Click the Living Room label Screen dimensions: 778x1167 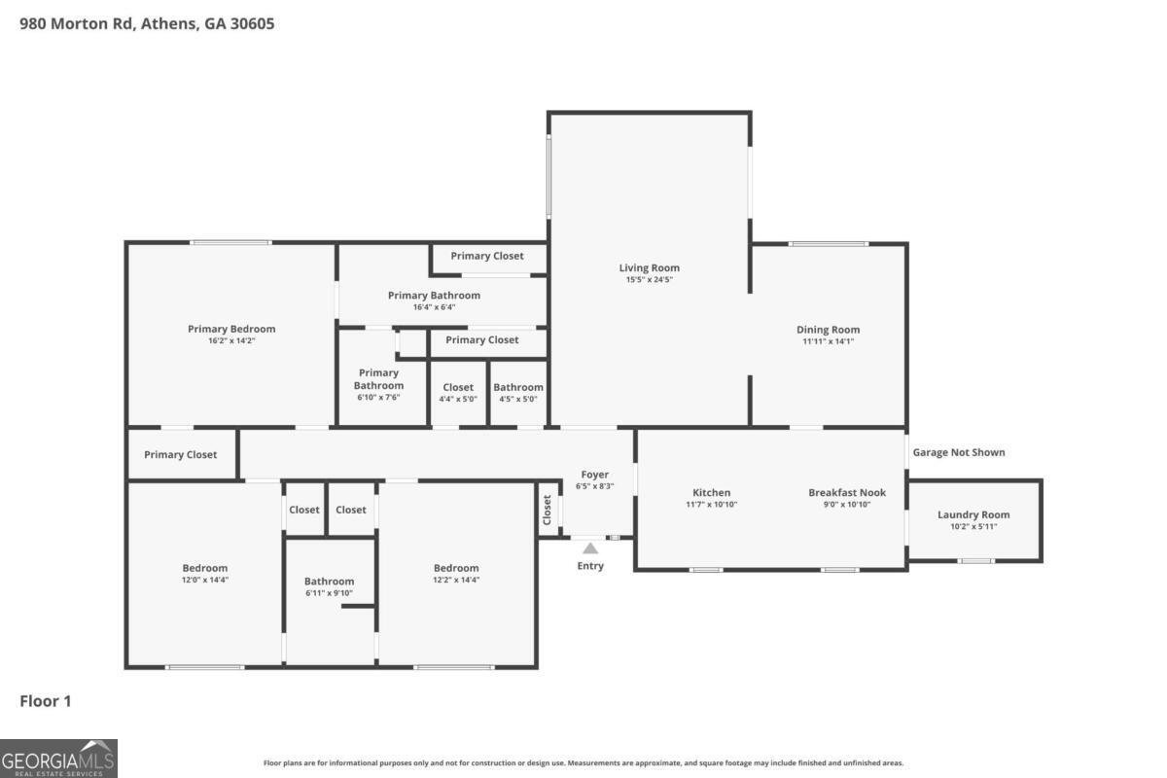tap(650, 267)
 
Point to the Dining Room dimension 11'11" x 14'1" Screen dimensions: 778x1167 tap(828, 341)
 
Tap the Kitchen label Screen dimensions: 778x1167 tap(711, 492)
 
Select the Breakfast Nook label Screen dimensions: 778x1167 tap(846, 492)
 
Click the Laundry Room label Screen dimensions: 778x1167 tap(973, 514)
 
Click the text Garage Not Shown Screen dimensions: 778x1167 tap(958, 452)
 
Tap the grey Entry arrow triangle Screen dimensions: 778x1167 tap(590, 548)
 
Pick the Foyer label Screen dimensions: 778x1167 tap(594, 475)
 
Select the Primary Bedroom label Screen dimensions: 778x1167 tap(231, 329)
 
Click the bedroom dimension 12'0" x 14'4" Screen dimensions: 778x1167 tap(205, 580)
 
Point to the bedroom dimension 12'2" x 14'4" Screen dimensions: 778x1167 tap(456, 580)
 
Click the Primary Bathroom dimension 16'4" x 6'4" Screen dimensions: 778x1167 tap(434, 307)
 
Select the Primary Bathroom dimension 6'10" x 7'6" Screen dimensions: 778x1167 tap(377, 397)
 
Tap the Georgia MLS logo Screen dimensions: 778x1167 tap(58, 758)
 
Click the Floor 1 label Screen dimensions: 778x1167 tap(46, 701)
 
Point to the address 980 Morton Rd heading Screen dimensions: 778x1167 tap(147, 23)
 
